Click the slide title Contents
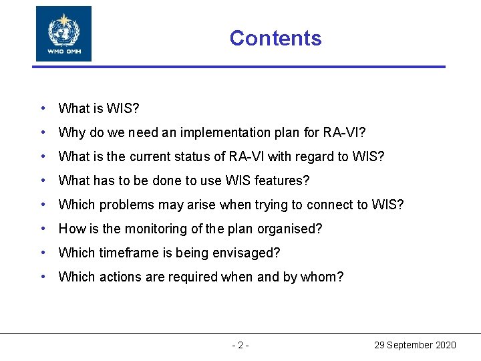(x=275, y=38)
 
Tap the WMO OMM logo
(x=63, y=33)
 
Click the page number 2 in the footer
(x=240, y=345)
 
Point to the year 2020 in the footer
(x=445, y=345)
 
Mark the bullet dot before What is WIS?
(x=43, y=108)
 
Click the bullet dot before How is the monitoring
(x=43, y=229)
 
